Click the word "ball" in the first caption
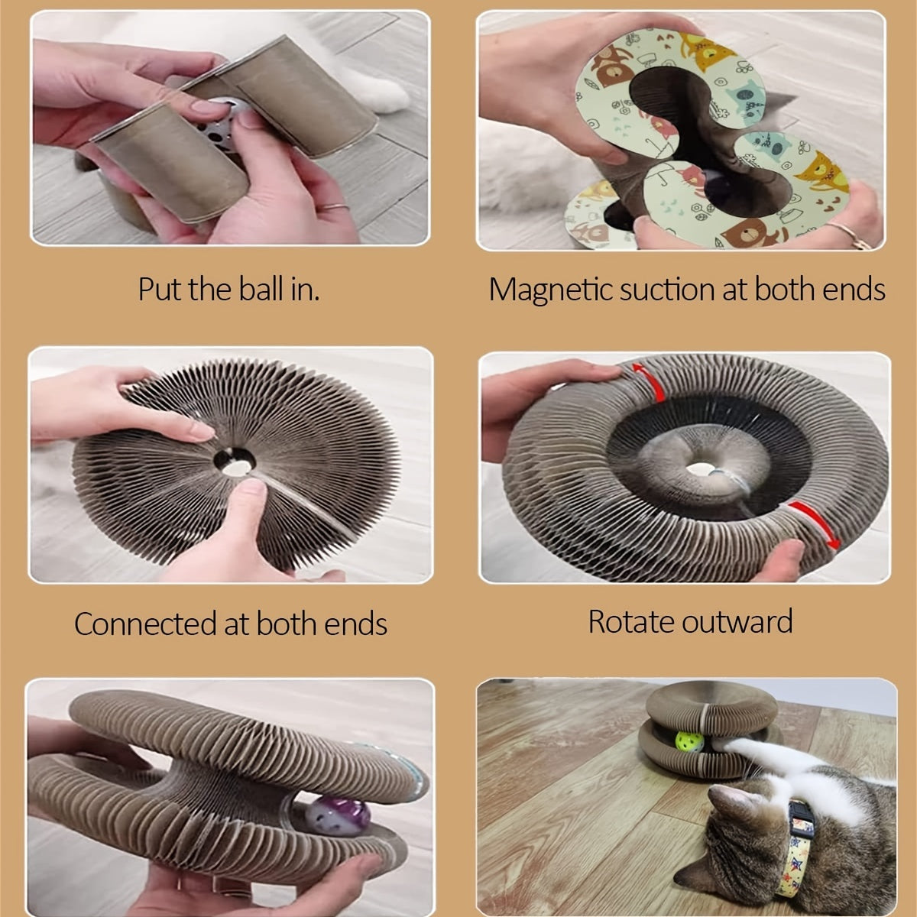(x=261, y=290)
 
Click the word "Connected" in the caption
(x=144, y=624)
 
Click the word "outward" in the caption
(x=737, y=621)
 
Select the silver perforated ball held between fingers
(x=219, y=123)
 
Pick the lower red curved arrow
(x=816, y=524)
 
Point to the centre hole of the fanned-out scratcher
(x=234, y=461)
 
